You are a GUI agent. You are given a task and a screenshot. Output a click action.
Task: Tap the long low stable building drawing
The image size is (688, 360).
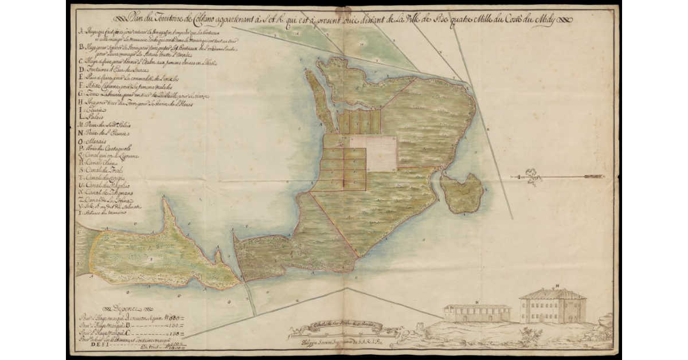pyautogui.click(x=476, y=313)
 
